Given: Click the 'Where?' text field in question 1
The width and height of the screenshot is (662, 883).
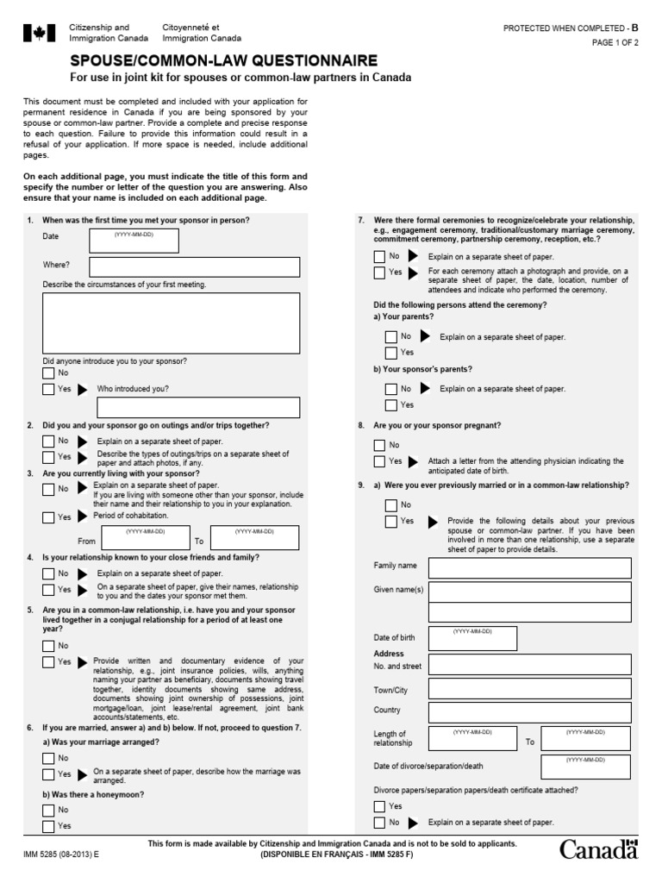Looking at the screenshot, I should click(x=194, y=266).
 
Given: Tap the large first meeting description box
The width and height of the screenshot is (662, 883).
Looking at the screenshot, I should click(x=171, y=323).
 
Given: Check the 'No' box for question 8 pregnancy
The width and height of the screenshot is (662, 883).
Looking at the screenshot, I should click(x=380, y=445).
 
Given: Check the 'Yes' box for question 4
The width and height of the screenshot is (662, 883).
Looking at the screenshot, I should click(x=49, y=590).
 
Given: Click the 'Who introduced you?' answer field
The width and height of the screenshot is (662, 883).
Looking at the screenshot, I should click(x=198, y=407).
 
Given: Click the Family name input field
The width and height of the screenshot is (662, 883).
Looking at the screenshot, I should click(x=529, y=567).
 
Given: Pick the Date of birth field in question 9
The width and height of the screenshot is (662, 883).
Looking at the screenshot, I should click(x=472, y=638).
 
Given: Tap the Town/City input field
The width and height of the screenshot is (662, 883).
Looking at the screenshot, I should click(x=529, y=691).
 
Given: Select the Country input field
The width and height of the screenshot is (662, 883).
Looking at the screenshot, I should click(x=529, y=711).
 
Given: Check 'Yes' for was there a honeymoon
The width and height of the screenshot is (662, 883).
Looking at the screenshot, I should click(x=49, y=826).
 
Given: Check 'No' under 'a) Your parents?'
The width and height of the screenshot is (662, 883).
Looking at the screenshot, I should click(x=391, y=336).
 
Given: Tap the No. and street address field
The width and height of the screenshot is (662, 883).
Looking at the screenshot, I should click(x=529, y=666).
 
